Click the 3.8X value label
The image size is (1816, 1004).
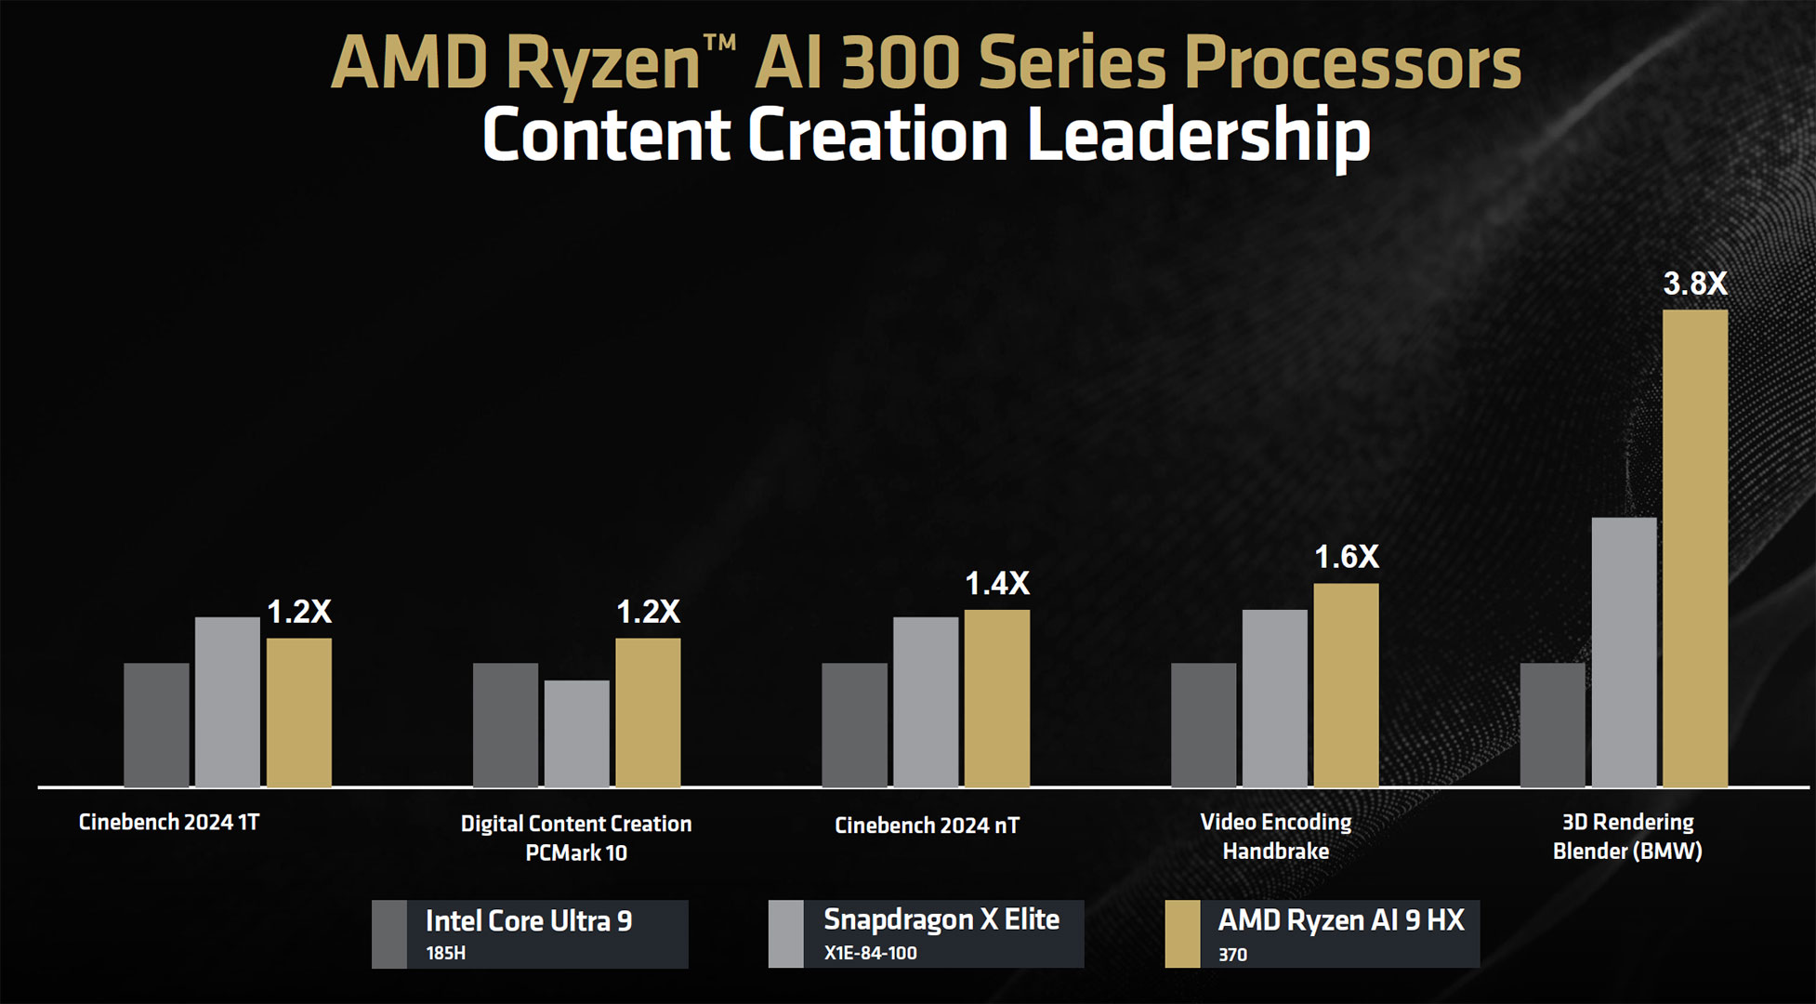coord(1694,284)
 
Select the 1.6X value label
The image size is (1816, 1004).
coord(1346,557)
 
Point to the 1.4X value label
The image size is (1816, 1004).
coord(996,584)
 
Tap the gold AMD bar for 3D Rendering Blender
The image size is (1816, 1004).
coord(1694,548)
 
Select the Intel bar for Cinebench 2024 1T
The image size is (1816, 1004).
coord(156,725)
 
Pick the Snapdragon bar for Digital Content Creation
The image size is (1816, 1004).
coord(576,733)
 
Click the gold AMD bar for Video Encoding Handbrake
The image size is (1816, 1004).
coord(1346,685)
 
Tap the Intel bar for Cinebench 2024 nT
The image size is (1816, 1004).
coord(854,725)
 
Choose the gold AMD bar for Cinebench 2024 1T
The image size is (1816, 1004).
coord(298,712)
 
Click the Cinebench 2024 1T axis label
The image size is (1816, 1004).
coord(169,823)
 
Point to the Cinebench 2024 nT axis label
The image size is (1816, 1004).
coord(927,826)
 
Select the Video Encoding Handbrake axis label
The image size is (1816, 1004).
coord(1275,837)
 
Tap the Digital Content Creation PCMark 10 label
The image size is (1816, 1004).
coord(576,838)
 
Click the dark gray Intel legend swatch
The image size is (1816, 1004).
coord(389,933)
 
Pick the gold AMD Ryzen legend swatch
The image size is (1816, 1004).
coord(1182,933)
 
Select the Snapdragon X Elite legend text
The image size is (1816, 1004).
coord(941,919)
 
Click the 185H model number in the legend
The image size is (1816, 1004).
coord(445,953)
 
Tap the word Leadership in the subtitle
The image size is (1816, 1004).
coord(1198,135)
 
